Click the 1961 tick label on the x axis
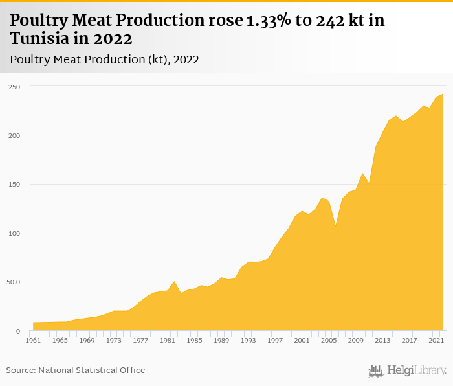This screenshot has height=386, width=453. pos(33,341)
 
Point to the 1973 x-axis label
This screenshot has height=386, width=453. pos(114,341)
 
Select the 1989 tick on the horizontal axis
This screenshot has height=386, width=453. pos(221,341)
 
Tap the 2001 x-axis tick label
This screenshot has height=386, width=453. pos(302,341)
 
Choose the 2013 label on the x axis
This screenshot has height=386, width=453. pos(382,341)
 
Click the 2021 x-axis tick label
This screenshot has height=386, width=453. pos(436,341)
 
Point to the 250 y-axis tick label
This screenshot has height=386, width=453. pos(14,87)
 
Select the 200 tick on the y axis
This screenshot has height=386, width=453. pos(14,135)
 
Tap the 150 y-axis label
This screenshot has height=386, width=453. pos(14,185)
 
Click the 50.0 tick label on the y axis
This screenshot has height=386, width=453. pos(14,282)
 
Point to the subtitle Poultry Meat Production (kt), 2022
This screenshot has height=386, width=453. pos(104,60)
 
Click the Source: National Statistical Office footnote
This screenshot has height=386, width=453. pos(76,370)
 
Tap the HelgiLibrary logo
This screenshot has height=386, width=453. pos(408,370)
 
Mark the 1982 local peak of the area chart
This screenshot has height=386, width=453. pos(175,282)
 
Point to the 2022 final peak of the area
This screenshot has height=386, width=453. pos(443,95)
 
